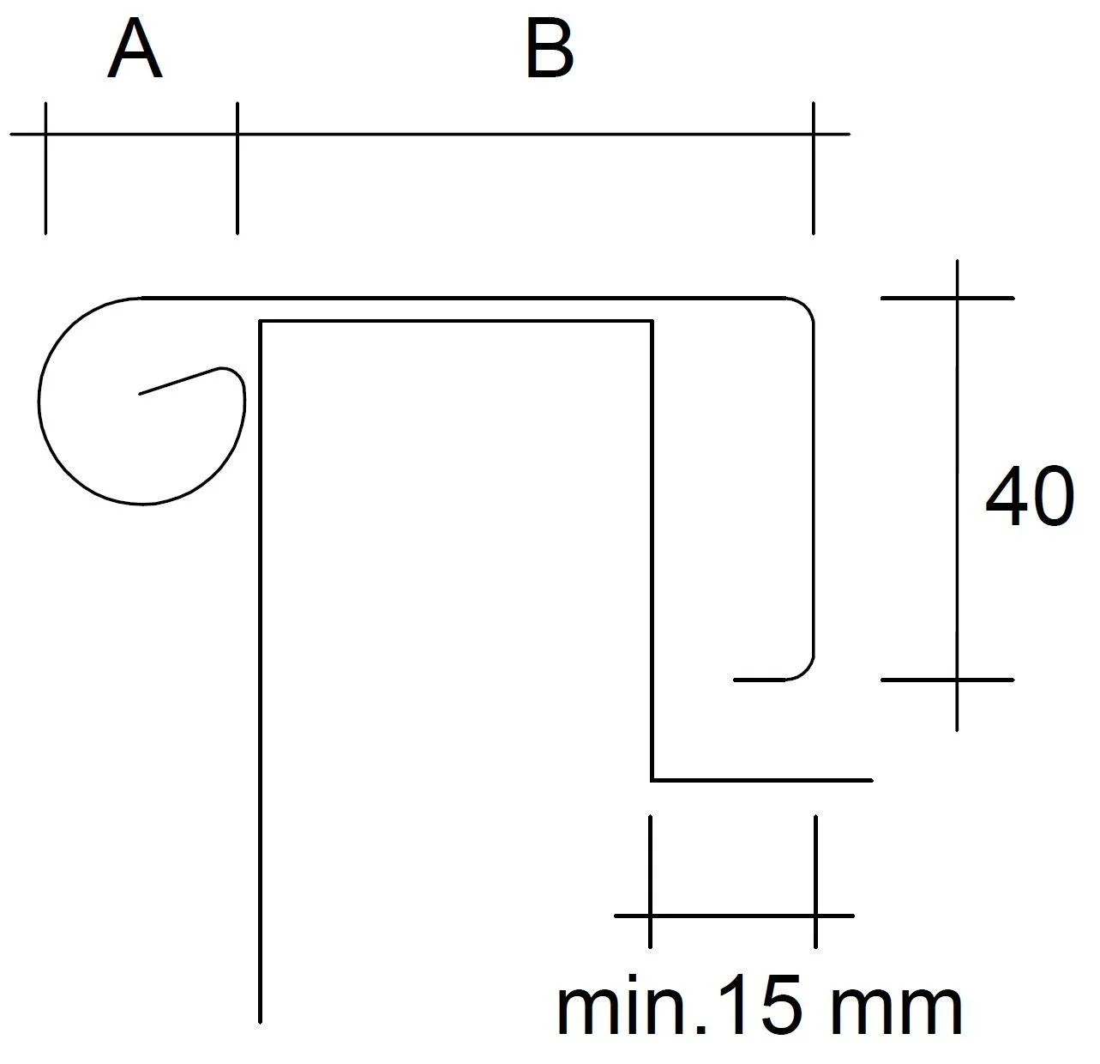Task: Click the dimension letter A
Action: [x=135, y=48]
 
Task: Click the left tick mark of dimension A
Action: [x=45, y=168]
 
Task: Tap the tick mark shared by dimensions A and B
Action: [x=237, y=168]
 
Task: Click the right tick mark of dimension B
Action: [x=814, y=168]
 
